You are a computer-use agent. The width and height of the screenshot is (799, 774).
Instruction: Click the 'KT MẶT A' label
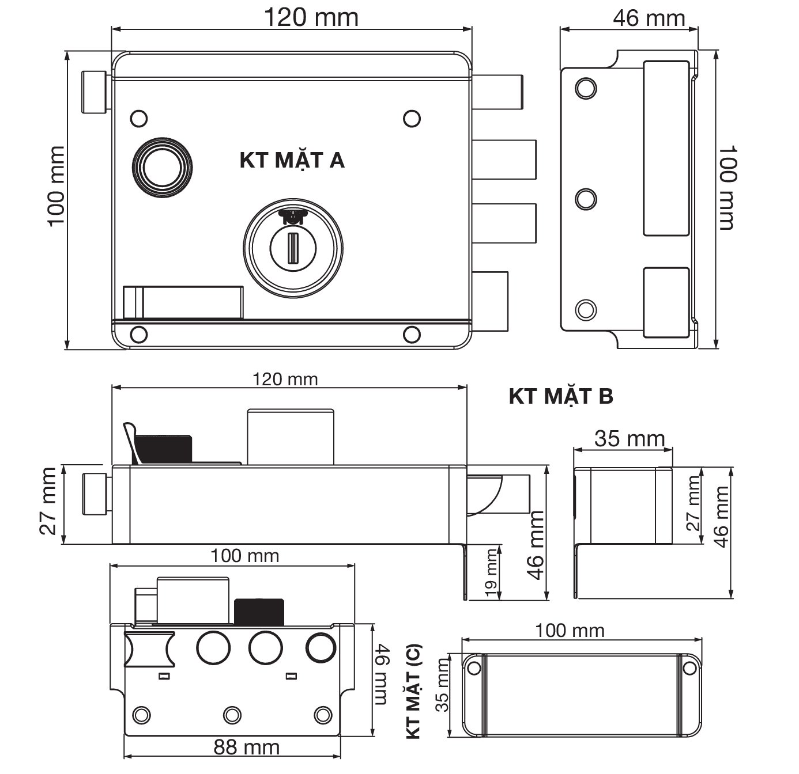click(x=292, y=161)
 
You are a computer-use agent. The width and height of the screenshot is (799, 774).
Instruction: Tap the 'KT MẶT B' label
click(x=561, y=397)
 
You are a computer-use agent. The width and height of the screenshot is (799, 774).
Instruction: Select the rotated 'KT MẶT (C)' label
click(x=413, y=692)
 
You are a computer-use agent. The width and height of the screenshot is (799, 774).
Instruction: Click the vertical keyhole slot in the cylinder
click(x=293, y=248)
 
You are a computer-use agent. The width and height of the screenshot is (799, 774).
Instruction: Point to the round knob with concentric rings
click(x=163, y=168)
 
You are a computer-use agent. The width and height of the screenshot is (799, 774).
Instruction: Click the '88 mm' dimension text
click(x=246, y=748)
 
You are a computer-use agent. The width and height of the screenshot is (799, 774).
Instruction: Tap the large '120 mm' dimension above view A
click(x=311, y=18)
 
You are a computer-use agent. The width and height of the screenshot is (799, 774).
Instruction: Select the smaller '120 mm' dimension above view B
click(x=285, y=380)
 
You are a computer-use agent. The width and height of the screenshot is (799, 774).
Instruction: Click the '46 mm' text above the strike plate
click(x=649, y=18)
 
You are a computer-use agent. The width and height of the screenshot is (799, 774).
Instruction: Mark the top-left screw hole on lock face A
click(x=139, y=119)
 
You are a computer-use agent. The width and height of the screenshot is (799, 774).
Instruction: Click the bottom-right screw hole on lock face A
click(x=412, y=334)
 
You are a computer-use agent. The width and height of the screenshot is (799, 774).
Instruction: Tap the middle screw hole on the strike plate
click(x=586, y=199)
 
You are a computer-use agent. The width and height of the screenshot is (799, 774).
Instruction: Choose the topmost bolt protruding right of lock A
click(x=498, y=92)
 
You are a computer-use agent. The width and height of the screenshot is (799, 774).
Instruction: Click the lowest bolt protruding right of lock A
click(x=490, y=301)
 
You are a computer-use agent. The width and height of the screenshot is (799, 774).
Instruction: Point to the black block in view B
click(x=163, y=449)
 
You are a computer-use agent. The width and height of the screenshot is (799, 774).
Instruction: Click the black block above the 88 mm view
click(x=259, y=612)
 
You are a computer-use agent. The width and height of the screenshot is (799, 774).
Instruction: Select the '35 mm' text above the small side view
click(x=630, y=438)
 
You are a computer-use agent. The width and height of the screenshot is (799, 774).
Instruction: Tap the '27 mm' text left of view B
click(x=48, y=501)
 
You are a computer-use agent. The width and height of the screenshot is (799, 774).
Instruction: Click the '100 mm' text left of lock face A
click(x=56, y=187)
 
